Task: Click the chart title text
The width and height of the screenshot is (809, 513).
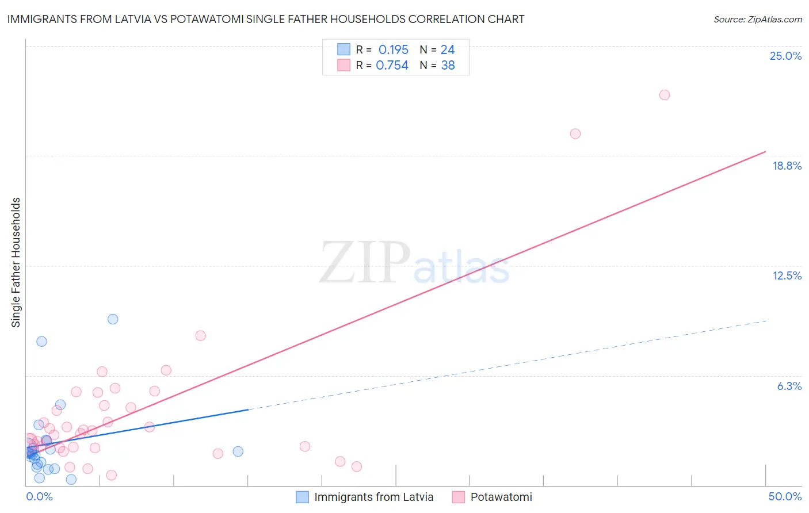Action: tap(266, 19)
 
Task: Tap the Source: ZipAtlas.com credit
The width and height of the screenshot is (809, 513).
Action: tap(757, 19)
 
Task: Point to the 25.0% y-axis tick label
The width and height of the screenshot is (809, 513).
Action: tap(785, 56)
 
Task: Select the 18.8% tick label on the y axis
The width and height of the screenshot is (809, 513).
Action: tap(787, 166)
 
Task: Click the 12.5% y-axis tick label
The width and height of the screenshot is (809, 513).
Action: tap(787, 275)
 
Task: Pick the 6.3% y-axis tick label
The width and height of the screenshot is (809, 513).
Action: tap(789, 386)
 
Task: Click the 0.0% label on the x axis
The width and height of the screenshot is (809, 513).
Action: tap(40, 496)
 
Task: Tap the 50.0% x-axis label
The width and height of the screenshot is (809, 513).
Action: tap(785, 496)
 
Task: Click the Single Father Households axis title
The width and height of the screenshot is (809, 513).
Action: tap(16, 262)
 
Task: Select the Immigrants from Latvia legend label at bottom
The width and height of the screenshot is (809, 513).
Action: tap(373, 497)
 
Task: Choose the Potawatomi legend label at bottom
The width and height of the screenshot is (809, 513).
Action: tap(501, 497)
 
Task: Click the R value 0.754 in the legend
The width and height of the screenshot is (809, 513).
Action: tap(392, 66)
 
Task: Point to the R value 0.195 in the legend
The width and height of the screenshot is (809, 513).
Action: tap(393, 50)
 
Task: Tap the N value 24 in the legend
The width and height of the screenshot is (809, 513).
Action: tap(448, 50)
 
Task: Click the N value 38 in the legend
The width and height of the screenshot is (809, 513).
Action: tap(448, 66)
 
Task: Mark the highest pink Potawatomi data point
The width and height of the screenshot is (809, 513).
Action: tap(664, 95)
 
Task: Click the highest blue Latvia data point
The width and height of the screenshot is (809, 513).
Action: tap(113, 319)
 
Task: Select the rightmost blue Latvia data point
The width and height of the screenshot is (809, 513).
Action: tap(238, 451)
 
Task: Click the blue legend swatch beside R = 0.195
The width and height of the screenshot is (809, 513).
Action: tap(344, 49)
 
